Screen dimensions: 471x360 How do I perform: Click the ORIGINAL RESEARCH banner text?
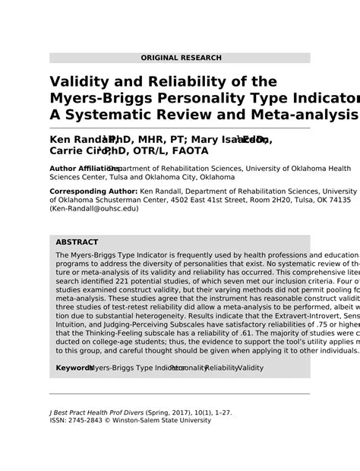pyautogui.click(x=181, y=58)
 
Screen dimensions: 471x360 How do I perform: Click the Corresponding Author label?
pyautogui.click(x=94, y=191)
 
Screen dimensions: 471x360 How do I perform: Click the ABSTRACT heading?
pyautogui.click(x=77, y=242)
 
